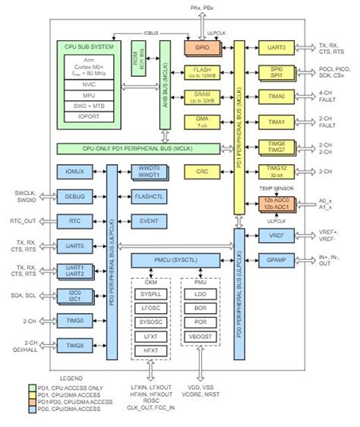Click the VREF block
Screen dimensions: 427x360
pyautogui.click(x=276, y=236)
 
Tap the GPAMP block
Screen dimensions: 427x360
pyautogui.click(x=276, y=261)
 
